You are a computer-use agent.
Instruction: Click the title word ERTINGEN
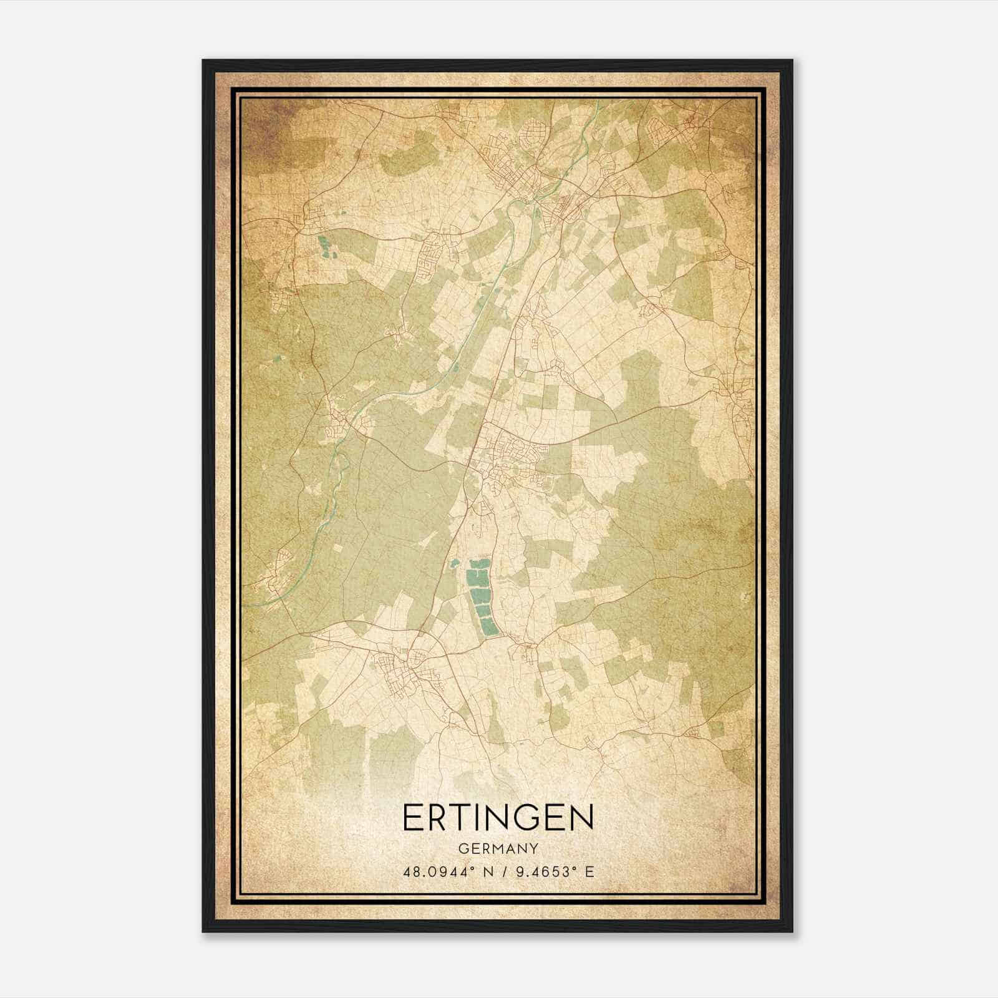[498, 818]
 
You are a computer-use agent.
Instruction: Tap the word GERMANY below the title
[498, 848]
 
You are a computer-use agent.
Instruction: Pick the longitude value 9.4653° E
[553, 871]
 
